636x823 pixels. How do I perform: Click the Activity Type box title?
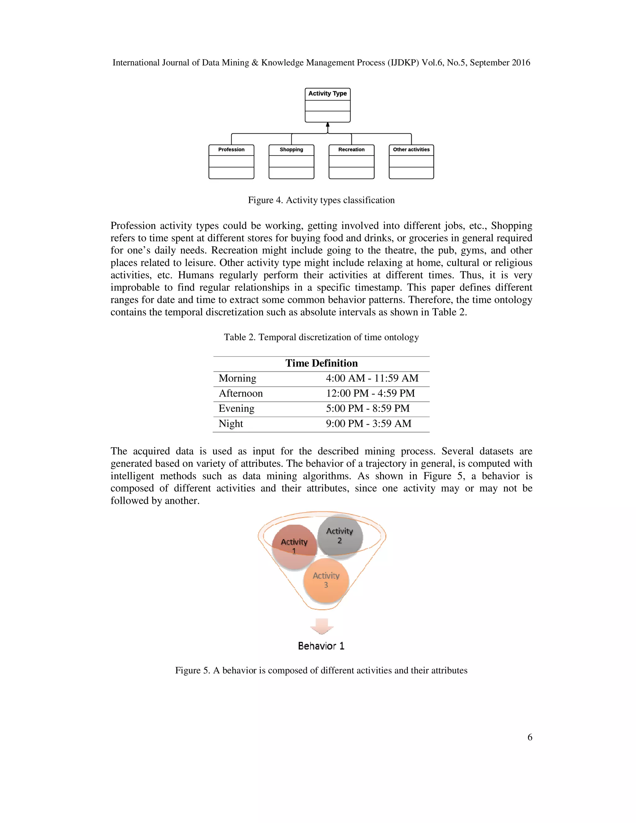coord(327,93)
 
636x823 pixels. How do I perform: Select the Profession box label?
coord(231,150)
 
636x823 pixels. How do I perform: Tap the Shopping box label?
coord(291,150)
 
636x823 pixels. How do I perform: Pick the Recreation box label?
coord(351,150)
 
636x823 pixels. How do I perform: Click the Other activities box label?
coord(411,150)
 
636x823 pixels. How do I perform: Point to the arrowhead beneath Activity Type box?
coord(327,125)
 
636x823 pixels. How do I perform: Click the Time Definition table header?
coord(321,363)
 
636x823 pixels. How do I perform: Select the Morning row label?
coord(237,378)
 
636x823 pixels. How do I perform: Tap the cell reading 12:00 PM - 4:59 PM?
coord(370,393)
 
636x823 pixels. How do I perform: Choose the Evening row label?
coord(236,408)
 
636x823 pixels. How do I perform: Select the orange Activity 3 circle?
coord(326,580)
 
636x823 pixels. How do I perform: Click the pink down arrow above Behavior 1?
coord(321,626)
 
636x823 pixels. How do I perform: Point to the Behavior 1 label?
coord(321,646)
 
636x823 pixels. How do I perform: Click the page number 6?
coord(529,737)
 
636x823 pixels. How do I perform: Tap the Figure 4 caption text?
coord(321,200)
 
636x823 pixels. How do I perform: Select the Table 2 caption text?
coord(321,337)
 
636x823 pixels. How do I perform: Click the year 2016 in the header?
coord(520,62)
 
